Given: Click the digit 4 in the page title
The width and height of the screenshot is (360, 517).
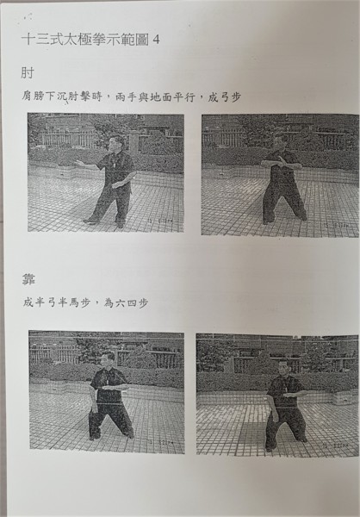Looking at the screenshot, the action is (x=156, y=40).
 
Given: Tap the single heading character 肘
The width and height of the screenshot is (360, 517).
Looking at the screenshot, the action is (x=27, y=73).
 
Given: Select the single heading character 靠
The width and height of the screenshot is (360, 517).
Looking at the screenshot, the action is (x=28, y=279).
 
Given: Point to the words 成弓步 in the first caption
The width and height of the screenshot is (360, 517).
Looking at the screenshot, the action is (x=224, y=97).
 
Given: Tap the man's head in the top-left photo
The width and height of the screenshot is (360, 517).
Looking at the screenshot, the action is (x=117, y=143).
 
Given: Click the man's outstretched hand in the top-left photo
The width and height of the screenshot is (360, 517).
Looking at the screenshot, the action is (x=78, y=163).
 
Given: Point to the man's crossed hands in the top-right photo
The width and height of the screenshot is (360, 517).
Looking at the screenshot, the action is (x=279, y=162).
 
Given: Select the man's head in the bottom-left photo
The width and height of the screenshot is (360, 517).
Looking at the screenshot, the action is (x=107, y=359).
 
